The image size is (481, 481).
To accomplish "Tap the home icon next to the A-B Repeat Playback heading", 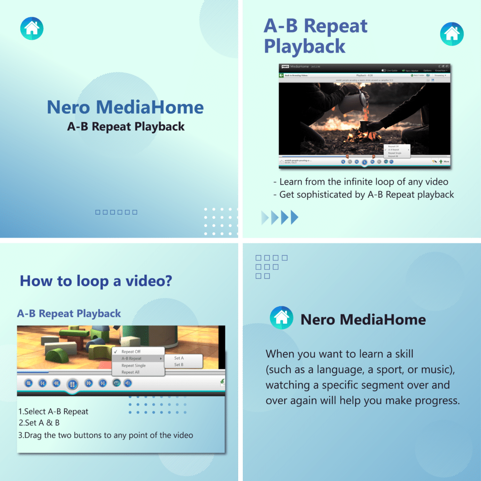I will pos(451,34).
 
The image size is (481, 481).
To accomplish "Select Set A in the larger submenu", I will pos(179,358).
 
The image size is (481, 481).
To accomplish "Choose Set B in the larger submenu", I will pos(179,365).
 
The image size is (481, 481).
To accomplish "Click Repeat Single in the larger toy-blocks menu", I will pos(133,365).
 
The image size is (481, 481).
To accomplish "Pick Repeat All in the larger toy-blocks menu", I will pos(131,372).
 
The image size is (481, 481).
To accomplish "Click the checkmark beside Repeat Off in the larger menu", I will pos(116,351).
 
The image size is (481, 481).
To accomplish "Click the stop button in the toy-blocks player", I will pos(28,383).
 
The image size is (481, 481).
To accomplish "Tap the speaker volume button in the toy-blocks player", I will pos(127,383).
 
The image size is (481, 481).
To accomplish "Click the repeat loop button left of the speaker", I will pos(116,383).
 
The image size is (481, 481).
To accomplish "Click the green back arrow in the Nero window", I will pos(281,75).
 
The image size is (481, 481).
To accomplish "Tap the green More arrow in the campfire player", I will pos(441,161).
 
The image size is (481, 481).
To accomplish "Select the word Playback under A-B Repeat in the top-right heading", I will pos(304,47).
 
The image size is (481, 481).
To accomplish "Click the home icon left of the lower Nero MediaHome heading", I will pos(281,318).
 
